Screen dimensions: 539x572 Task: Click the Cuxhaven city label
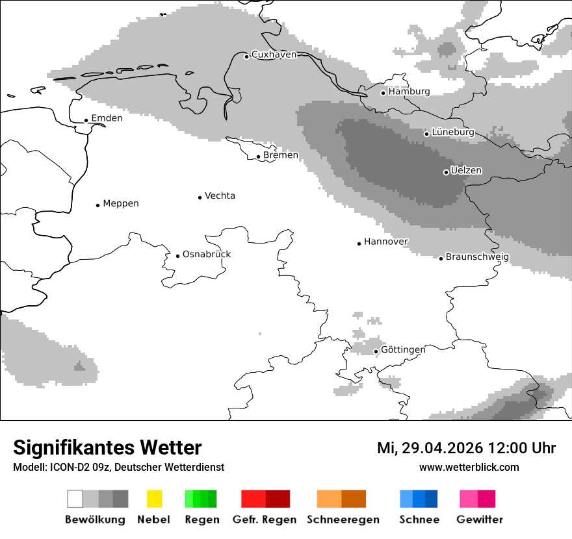(x=274, y=55)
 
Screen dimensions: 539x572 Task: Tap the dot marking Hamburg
(x=383, y=93)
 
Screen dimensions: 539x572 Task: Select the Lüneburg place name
(x=453, y=132)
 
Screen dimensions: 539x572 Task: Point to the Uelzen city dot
(x=446, y=172)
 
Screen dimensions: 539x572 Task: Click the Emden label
(x=107, y=118)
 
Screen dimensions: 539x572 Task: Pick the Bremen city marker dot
(x=258, y=157)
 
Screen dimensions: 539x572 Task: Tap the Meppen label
(x=121, y=203)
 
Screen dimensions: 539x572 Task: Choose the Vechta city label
(x=220, y=195)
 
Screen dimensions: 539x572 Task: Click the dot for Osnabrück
(x=177, y=256)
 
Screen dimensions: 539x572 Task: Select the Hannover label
(x=386, y=242)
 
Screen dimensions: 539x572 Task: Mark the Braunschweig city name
(x=477, y=257)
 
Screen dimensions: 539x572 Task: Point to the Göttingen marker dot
(x=376, y=351)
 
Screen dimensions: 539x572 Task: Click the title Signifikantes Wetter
(x=107, y=447)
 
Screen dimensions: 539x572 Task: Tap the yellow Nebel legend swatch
(x=154, y=499)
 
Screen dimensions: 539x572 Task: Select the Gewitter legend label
(x=480, y=520)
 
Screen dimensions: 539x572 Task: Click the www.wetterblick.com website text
(x=469, y=467)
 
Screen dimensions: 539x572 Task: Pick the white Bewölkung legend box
(x=75, y=499)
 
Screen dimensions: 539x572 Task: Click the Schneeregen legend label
(x=343, y=520)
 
